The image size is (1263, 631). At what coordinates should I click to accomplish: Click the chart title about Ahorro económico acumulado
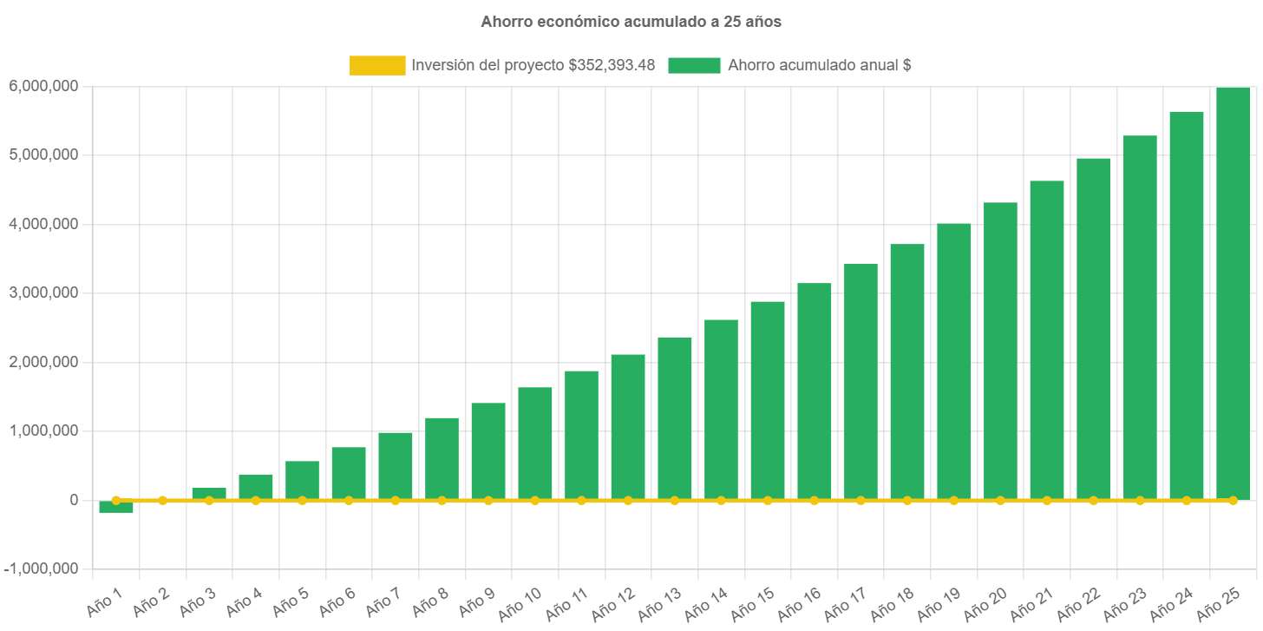[x=631, y=23]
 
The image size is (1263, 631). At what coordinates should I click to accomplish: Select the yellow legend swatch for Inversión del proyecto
[x=377, y=65]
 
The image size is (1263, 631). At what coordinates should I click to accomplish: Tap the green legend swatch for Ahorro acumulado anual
[x=694, y=65]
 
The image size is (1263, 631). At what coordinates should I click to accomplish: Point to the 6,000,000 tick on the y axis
[x=43, y=86]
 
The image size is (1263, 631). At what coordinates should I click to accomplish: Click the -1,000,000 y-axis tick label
[x=41, y=569]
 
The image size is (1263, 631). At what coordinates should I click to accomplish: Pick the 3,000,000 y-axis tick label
[x=43, y=292]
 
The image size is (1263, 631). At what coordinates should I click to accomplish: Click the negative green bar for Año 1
[x=116, y=507]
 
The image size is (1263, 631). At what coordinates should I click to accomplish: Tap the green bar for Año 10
[x=535, y=444]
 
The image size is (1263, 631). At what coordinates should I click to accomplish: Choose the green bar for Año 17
[x=861, y=381]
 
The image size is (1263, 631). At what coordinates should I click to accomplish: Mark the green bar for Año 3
[x=209, y=493]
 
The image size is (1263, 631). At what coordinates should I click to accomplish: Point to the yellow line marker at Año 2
[x=162, y=500]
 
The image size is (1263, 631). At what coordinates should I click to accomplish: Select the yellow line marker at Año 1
[x=116, y=500]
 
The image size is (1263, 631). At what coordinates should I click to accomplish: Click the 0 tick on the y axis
[x=74, y=500]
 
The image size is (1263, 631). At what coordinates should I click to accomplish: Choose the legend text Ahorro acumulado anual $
[x=819, y=65]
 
